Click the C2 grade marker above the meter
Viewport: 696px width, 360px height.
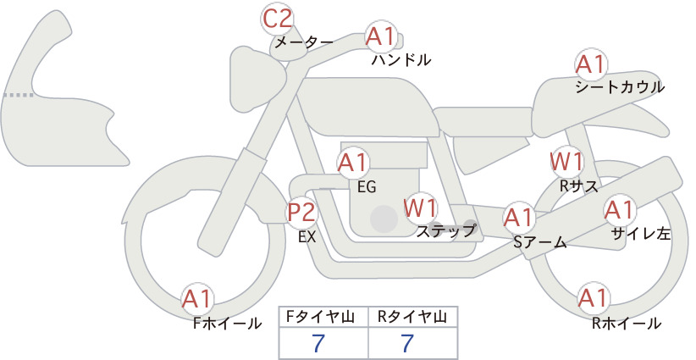point(277,19)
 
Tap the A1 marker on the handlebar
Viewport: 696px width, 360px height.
point(380,36)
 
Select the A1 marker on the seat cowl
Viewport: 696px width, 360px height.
point(591,65)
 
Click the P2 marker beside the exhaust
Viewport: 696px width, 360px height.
point(301,212)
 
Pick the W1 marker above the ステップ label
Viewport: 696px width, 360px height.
point(420,208)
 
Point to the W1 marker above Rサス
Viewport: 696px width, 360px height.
point(566,162)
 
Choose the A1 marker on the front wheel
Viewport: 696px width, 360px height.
point(196,299)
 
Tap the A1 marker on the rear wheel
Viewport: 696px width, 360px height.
point(593,298)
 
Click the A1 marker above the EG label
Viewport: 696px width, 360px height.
point(353,163)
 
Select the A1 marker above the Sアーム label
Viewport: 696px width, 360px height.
point(518,218)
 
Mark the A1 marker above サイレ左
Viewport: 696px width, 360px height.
point(619,210)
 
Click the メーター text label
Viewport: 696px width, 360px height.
point(304,42)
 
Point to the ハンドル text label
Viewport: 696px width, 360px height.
point(401,59)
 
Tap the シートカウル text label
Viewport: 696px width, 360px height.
point(620,87)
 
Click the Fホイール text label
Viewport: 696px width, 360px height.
point(227,324)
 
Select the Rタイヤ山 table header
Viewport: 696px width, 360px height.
point(412,317)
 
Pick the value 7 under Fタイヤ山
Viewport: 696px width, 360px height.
point(318,343)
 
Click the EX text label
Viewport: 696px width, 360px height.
point(307,237)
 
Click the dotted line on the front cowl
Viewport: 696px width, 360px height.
point(19,95)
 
